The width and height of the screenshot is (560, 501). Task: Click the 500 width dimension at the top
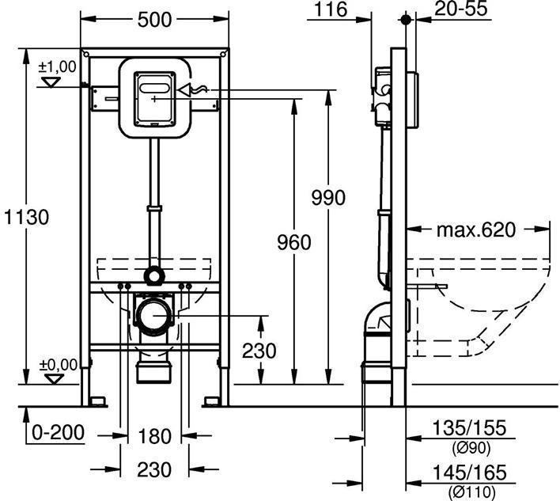(153, 20)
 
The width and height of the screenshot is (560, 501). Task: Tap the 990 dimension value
(328, 197)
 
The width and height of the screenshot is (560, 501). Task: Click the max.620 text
(476, 230)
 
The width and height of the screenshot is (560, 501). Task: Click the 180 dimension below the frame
(154, 436)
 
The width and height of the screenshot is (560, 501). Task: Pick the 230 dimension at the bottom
(154, 469)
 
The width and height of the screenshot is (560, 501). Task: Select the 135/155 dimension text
(467, 429)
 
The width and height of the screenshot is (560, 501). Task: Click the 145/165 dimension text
(467, 473)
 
